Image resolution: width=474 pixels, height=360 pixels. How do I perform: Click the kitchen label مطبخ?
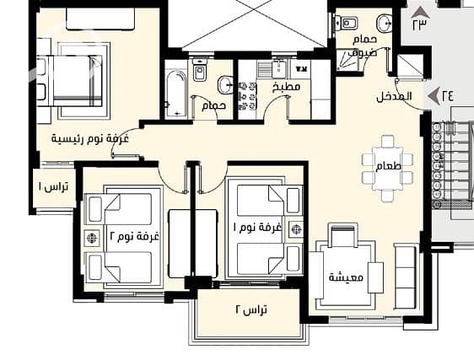(286, 87)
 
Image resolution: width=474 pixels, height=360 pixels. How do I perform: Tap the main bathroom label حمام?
(214, 105)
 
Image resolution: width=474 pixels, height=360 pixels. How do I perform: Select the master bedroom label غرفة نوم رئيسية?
(90, 139)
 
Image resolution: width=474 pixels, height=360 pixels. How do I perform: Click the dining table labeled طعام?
(388, 168)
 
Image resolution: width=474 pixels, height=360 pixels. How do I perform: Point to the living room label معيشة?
(346, 277)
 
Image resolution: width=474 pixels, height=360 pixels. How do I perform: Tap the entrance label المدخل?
(394, 97)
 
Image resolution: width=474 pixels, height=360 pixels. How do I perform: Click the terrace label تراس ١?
(53, 187)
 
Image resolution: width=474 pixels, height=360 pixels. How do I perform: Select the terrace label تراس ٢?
(251, 309)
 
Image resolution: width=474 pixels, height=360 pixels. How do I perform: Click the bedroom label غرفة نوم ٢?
(134, 236)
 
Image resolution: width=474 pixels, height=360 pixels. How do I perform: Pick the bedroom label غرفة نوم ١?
(257, 227)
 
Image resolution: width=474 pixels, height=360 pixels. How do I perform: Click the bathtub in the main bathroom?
(175, 94)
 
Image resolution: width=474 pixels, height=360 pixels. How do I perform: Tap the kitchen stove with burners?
(248, 96)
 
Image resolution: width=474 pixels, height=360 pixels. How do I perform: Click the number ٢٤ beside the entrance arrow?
(448, 95)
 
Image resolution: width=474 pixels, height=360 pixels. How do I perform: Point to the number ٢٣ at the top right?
(420, 24)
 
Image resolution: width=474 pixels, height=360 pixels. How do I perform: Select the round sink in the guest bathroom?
(385, 23)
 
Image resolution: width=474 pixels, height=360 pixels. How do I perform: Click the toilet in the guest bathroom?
(347, 24)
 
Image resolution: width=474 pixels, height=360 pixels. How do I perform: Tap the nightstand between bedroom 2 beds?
(92, 238)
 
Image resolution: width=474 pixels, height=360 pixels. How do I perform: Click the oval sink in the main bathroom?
(224, 85)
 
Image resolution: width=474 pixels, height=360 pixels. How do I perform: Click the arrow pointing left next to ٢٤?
(434, 95)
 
